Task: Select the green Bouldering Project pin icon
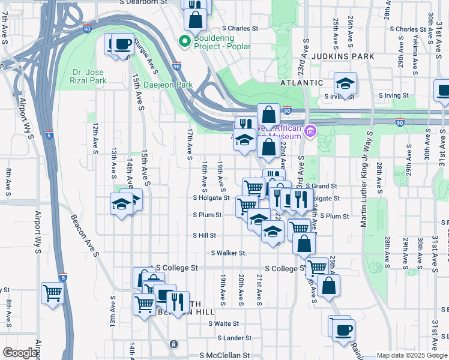click(184, 41)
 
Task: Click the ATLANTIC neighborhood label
click(303, 83)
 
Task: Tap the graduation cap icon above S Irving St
click(345, 83)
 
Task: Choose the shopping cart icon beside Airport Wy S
click(52, 293)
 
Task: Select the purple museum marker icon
click(310, 131)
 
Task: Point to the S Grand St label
click(322, 187)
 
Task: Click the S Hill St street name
click(204, 236)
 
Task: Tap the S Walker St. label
click(228, 253)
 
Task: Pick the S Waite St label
click(223, 323)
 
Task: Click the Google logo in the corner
click(20, 353)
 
